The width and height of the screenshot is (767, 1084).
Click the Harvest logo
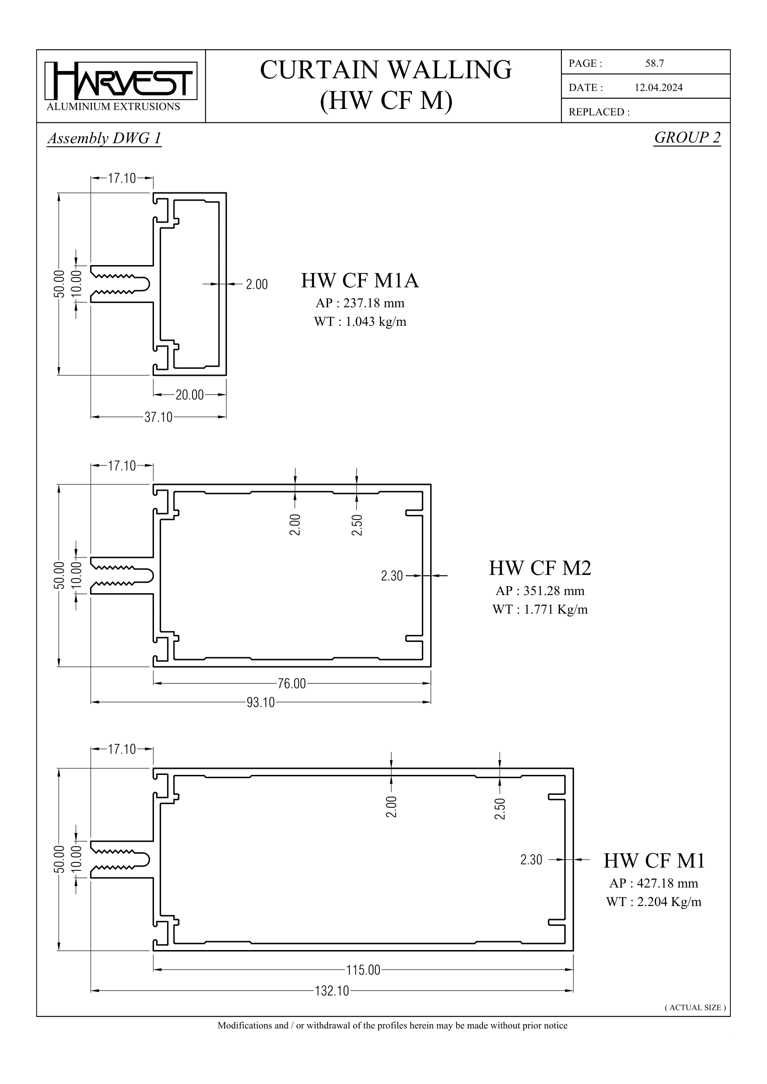(x=121, y=81)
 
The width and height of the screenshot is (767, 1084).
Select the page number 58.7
(x=655, y=64)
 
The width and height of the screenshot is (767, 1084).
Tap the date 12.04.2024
(x=658, y=88)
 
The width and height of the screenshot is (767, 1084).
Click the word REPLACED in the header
(x=598, y=112)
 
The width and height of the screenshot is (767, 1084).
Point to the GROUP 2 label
(x=687, y=137)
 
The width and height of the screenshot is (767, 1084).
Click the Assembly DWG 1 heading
(x=104, y=138)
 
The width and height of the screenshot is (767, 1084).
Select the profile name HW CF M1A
(x=360, y=281)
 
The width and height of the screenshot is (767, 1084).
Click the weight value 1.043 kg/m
(x=375, y=322)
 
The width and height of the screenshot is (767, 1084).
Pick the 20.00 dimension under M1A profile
(x=189, y=395)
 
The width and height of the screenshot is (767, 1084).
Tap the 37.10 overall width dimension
(x=158, y=418)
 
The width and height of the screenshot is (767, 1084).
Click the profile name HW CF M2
(x=540, y=568)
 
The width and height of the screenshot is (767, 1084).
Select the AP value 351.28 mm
(x=554, y=591)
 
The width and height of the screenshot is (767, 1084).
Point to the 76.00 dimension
(x=291, y=684)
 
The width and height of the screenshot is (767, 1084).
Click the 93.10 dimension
(x=260, y=703)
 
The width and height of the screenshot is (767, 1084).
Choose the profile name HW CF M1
(x=654, y=861)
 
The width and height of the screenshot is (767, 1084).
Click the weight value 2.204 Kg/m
(x=669, y=902)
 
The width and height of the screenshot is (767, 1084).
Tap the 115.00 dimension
(x=363, y=970)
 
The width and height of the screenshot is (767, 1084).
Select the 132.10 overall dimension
(x=332, y=990)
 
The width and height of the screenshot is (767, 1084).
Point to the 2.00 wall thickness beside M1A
(x=257, y=285)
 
